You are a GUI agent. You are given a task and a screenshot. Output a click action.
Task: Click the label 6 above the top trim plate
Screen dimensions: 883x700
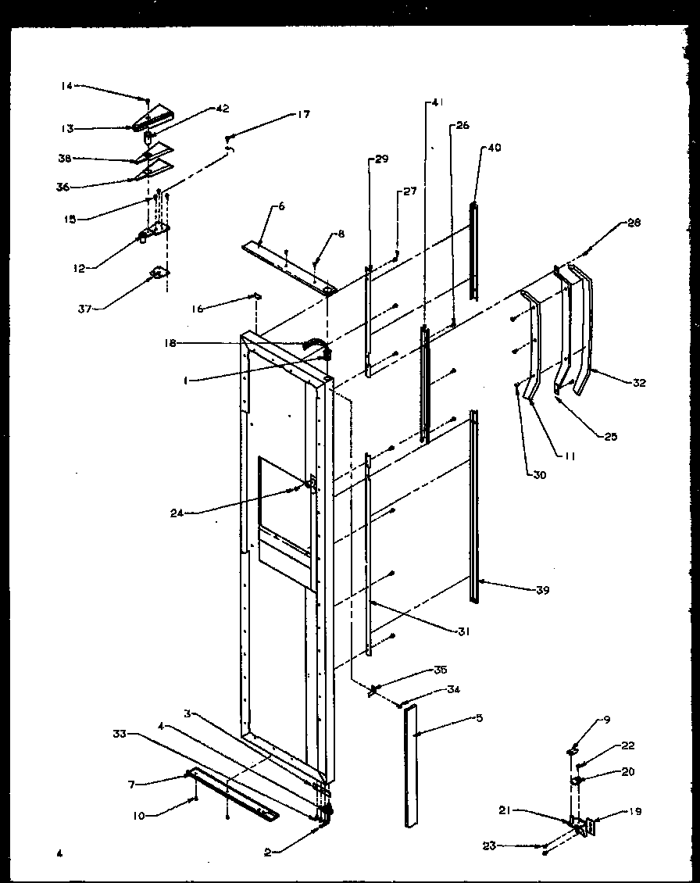[x=281, y=206]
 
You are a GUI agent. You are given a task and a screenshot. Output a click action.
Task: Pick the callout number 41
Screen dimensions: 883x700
[x=436, y=102]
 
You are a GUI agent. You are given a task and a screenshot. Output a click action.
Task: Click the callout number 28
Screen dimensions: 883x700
[x=633, y=223]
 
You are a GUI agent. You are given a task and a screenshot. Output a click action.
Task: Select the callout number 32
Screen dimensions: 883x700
[x=639, y=383]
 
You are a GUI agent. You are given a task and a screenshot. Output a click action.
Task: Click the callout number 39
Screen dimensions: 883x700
[x=542, y=590]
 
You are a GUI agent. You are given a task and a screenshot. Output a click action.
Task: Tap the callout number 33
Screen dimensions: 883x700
[x=119, y=735]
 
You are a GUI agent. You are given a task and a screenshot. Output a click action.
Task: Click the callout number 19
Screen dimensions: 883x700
[x=635, y=812]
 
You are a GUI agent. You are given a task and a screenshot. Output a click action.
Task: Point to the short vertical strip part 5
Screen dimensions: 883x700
[x=410, y=766]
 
